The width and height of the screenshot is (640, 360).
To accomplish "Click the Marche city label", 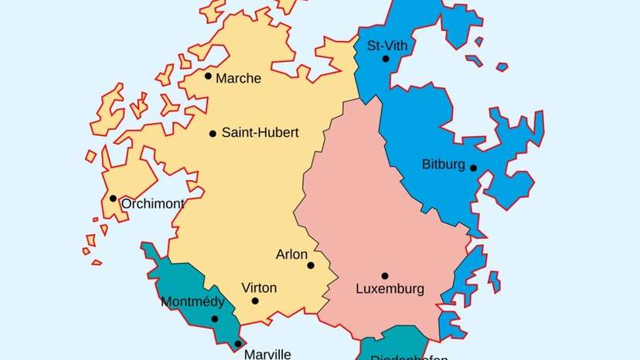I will [x=239, y=78].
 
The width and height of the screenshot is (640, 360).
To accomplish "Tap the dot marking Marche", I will [x=208, y=76].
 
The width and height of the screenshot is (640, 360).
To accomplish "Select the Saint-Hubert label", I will [x=260, y=133].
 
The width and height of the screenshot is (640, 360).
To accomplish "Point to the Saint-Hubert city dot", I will [x=213, y=134].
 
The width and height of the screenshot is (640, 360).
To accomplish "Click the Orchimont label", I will [x=153, y=204].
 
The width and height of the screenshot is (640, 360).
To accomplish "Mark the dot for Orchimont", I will [x=113, y=199].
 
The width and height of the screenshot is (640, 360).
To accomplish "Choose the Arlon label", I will [x=291, y=254].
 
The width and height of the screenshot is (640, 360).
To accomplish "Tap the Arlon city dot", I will [x=311, y=265].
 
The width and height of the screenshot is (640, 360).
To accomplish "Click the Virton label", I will [x=259, y=287].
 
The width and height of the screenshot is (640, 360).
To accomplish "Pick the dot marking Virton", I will [x=255, y=301].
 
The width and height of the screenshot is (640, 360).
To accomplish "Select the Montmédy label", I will [x=192, y=302].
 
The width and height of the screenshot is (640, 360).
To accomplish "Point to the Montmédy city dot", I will [x=215, y=318].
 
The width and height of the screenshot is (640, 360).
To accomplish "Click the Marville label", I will [x=267, y=355].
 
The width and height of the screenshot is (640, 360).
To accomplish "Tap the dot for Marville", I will [x=238, y=344].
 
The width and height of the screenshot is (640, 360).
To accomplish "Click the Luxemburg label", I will [x=390, y=290].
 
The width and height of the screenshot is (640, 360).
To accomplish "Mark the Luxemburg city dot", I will [x=384, y=276].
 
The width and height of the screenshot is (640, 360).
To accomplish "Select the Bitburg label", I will [x=444, y=165].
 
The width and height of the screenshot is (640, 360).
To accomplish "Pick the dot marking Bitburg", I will [x=473, y=168].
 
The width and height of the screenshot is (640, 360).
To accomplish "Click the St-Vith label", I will [x=387, y=46].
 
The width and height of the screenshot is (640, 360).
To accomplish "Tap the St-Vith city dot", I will [x=385, y=59].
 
